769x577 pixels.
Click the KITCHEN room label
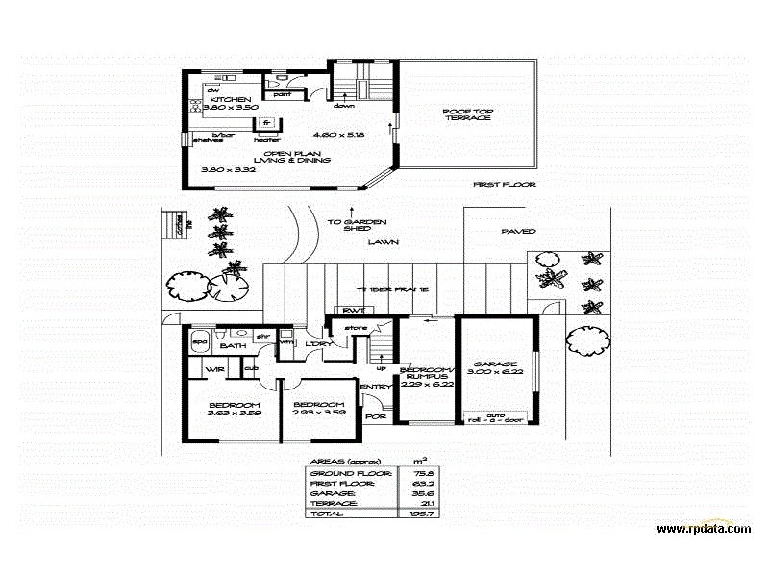click(x=231, y=99)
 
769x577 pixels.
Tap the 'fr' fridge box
click(x=270, y=122)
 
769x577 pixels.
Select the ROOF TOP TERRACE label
click(x=468, y=114)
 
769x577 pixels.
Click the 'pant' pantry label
click(x=283, y=94)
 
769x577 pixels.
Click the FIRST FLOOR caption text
click(x=505, y=184)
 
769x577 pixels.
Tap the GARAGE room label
click(x=497, y=364)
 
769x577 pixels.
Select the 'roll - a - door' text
click(x=495, y=421)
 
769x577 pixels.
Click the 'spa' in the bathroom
click(x=201, y=341)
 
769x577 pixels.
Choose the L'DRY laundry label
click(x=318, y=344)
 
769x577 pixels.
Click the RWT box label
click(x=347, y=310)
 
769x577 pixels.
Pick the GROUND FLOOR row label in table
click(x=350, y=474)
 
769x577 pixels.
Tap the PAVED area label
click(x=519, y=231)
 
